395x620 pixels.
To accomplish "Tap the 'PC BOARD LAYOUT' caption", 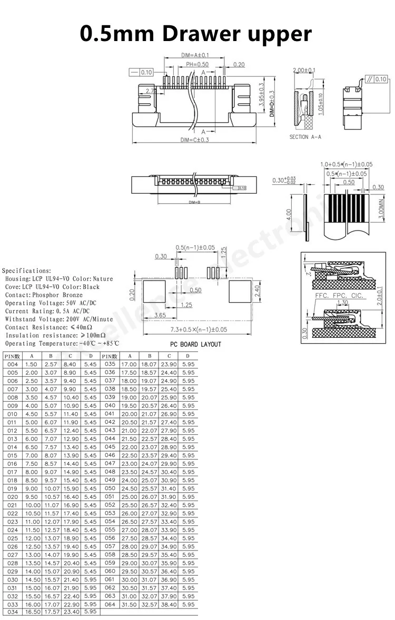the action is pos(195,344).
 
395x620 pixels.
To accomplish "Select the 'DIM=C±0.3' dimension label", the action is pos(195,139).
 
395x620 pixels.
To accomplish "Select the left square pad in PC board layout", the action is pos(154,291).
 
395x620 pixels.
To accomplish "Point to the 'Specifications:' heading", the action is pos(27,271).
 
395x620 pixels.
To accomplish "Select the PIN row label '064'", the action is pos(110,604).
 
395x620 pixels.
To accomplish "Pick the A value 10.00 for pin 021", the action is pos(33,505).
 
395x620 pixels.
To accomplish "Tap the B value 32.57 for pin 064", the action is pos(149,604).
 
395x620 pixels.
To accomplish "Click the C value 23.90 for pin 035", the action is pos(169,364).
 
